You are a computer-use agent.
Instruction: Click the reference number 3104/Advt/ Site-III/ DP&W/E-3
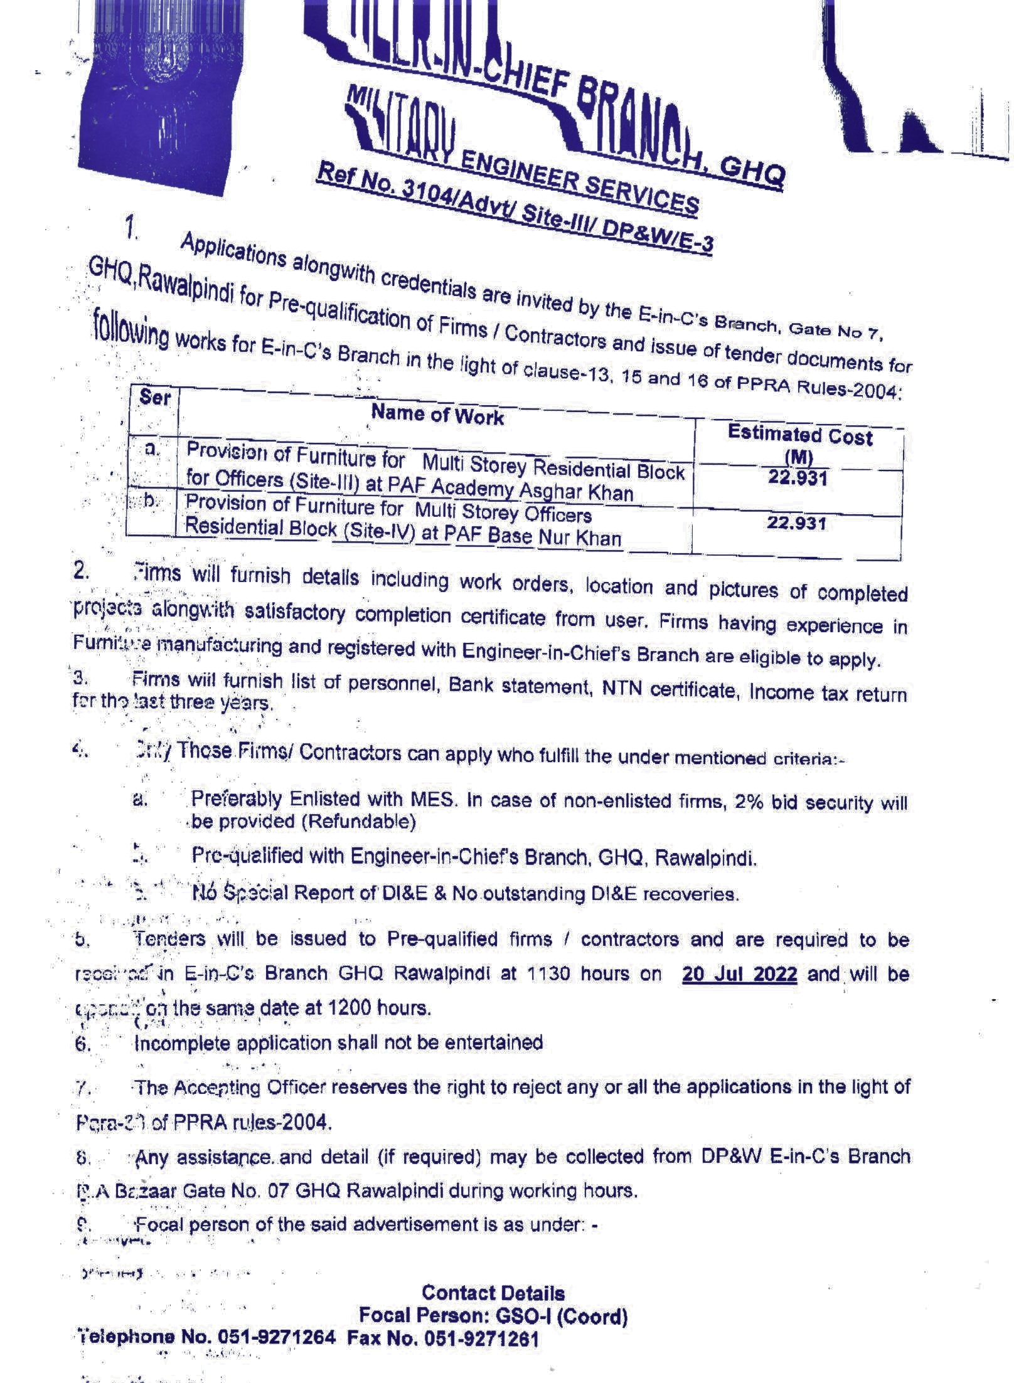coord(558,218)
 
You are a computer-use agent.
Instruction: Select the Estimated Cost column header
coord(799,437)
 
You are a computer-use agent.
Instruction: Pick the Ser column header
coord(154,397)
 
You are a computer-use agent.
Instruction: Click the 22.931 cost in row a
coord(798,479)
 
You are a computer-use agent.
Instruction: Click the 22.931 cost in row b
coord(796,522)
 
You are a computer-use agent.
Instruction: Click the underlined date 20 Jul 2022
coord(739,974)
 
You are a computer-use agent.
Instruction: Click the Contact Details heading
coord(493,1293)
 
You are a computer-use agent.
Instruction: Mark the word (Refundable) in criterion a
coord(358,822)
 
